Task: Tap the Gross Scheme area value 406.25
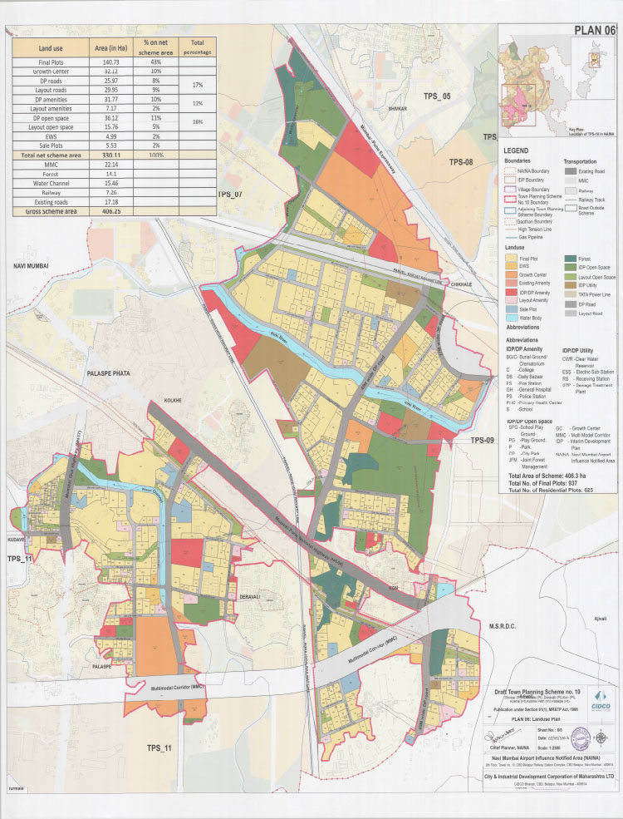pos(110,212)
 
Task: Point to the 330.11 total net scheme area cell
pos(110,155)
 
